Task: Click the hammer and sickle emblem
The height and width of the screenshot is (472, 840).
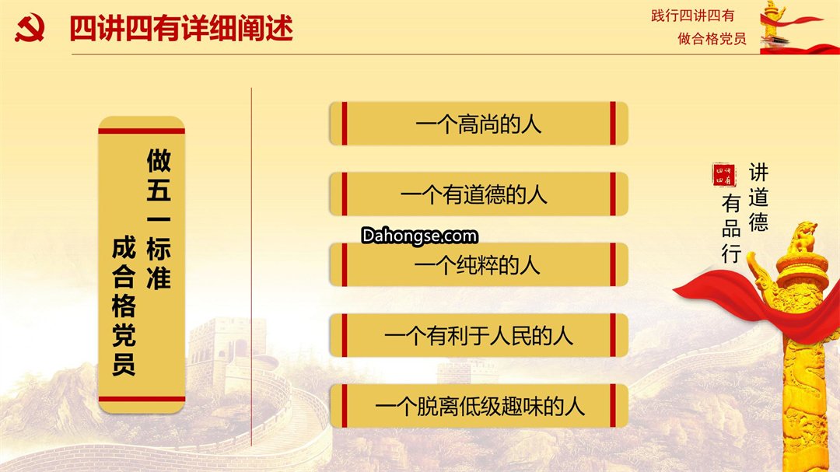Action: click(x=30, y=28)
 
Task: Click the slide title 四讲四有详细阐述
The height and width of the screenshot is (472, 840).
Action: click(x=181, y=29)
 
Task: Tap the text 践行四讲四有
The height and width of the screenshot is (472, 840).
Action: click(x=693, y=16)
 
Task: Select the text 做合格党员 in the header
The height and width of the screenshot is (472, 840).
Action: click(x=712, y=39)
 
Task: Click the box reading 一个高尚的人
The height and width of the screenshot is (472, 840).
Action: click(x=478, y=123)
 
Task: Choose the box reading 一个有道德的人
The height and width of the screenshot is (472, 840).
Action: click(x=478, y=194)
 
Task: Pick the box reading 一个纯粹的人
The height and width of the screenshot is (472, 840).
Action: click(x=478, y=264)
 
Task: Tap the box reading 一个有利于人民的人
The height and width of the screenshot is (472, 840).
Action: click(x=478, y=335)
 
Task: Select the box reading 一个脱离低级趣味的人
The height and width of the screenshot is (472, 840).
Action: click(x=478, y=406)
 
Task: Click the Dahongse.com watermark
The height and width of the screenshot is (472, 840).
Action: click(x=419, y=236)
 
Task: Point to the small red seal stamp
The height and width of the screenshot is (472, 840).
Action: click(x=724, y=175)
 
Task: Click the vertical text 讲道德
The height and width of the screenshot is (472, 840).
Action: click(x=758, y=198)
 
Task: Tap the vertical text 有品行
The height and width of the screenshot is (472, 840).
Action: click(x=731, y=229)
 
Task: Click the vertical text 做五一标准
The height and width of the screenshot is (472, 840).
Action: click(x=159, y=219)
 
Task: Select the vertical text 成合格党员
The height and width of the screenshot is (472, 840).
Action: click(x=124, y=306)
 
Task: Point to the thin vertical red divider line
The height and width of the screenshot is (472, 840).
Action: click(x=251, y=267)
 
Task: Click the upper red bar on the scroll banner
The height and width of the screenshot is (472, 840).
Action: click(x=142, y=131)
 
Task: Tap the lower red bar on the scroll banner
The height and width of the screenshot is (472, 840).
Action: click(x=142, y=399)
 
